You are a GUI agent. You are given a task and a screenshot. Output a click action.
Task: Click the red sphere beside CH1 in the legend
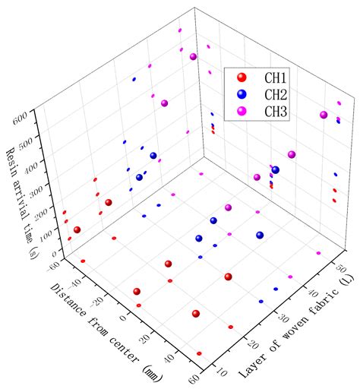pos(242,77)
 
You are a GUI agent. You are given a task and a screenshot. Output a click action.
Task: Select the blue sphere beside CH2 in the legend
pos(242,94)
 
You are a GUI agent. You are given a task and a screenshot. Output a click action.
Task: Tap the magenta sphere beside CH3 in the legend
pos(242,111)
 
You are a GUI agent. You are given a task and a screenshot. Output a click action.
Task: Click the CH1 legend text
pos(276,77)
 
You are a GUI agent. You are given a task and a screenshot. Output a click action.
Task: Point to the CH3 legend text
pos(276,112)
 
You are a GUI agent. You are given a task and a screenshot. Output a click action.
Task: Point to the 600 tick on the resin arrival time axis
pos(21,117)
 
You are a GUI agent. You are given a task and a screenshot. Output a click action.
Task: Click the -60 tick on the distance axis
pos(54,267)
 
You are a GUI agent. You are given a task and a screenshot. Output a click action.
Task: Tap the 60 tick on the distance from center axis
pos(196,380)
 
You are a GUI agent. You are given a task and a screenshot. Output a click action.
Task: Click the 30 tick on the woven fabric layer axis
pos(283,318)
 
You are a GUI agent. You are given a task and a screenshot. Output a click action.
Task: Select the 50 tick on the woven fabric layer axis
pos(341,268)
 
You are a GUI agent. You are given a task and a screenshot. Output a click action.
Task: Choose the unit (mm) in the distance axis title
pos(152,375)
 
